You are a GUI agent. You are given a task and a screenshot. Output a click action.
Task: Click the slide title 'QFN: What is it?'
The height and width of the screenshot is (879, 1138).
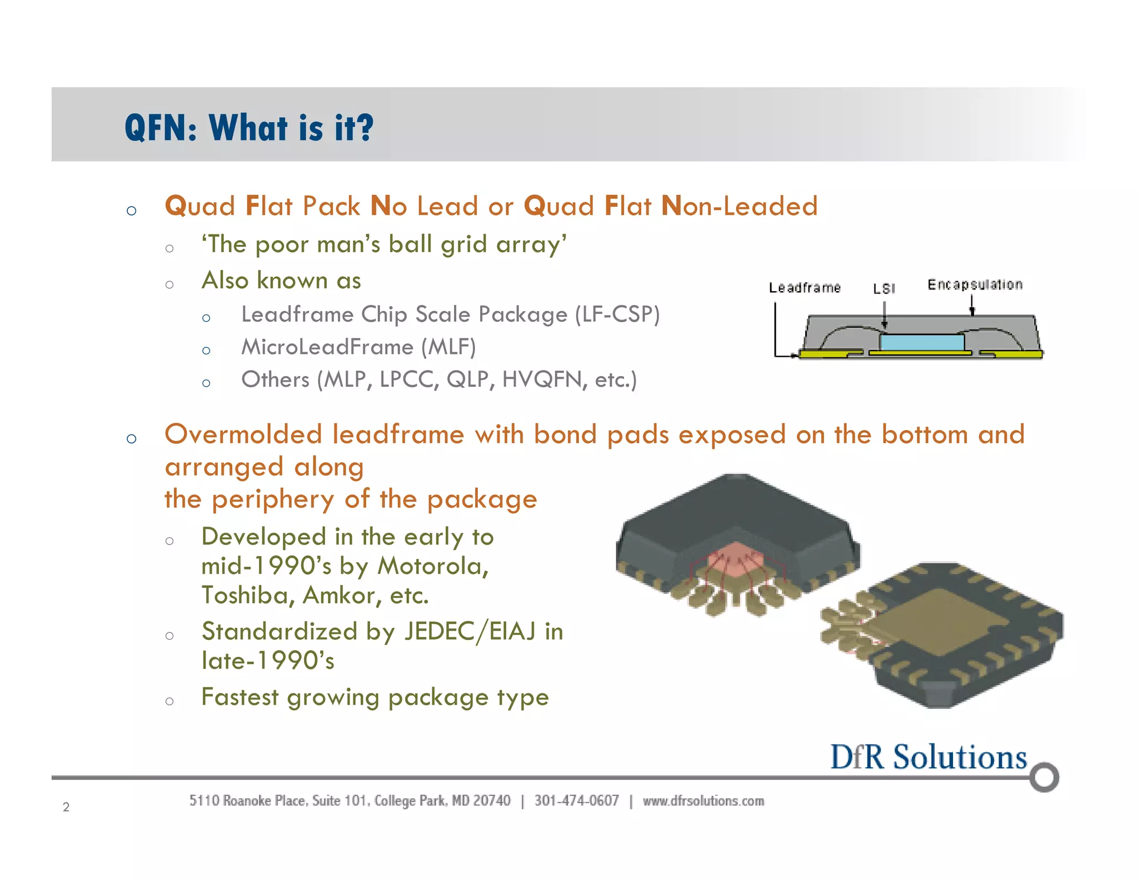(x=249, y=128)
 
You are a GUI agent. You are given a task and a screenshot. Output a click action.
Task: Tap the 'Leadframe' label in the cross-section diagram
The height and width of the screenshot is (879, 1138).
(x=805, y=288)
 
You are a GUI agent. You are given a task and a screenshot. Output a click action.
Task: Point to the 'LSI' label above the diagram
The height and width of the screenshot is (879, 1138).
(x=884, y=288)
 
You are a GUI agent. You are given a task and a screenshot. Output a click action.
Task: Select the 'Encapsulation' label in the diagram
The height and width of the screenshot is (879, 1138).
(x=975, y=285)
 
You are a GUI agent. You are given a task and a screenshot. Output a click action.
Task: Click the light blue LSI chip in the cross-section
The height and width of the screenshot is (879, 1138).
(x=922, y=342)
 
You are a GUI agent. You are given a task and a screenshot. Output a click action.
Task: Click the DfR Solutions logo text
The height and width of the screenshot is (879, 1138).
(x=929, y=757)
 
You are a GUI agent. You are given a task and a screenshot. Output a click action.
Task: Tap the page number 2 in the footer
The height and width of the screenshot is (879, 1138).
(x=66, y=807)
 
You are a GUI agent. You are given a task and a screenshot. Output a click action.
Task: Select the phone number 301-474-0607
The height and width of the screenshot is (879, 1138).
(x=576, y=801)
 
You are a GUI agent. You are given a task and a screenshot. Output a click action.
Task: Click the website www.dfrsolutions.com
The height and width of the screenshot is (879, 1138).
(x=703, y=801)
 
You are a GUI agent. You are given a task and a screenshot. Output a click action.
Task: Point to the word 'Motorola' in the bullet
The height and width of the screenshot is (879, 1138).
(x=433, y=567)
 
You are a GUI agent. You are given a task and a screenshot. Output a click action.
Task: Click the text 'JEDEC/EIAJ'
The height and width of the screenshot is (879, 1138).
(x=470, y=632)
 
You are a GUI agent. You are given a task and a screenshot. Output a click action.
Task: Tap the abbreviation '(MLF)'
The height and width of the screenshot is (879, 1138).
(x=448, y=348)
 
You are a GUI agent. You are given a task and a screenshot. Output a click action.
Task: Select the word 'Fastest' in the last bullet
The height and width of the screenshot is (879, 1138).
(x=240, y=697)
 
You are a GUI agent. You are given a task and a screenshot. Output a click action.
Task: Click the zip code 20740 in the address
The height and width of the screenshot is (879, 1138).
(x=492, y=801)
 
